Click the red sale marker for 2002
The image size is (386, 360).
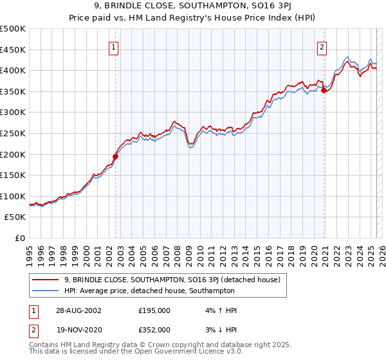[116, 156]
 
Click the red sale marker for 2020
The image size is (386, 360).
[324, 91]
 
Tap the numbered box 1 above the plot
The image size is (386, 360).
[113, 46]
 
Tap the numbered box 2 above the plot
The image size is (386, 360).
[321, 46]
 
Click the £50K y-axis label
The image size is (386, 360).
[15, 217]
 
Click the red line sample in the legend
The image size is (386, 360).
[46, 280]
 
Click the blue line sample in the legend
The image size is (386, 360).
[46, 291]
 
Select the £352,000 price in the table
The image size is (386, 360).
[154, 329]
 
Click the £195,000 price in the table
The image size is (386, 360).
[154, 310]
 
